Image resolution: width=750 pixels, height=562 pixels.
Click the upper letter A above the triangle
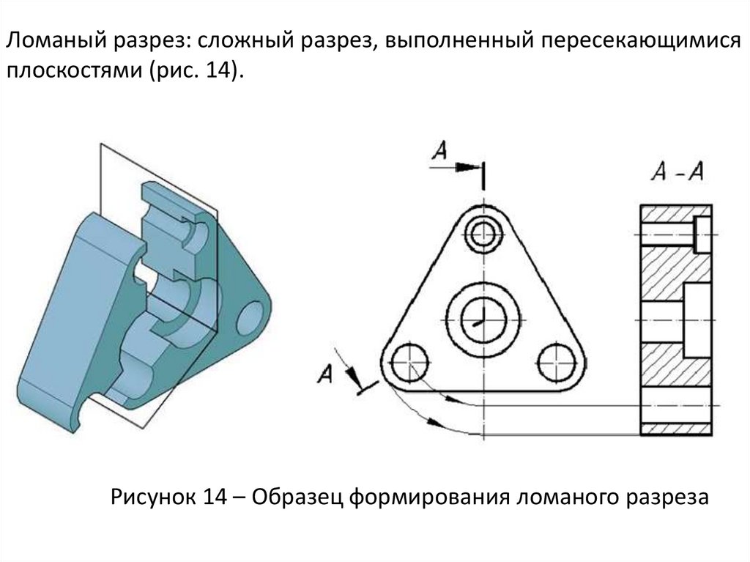click(x=439, y=150)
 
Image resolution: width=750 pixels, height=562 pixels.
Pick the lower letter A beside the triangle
click(x=326, y=374)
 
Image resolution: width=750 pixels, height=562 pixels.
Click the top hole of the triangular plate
click(x=483, y=234)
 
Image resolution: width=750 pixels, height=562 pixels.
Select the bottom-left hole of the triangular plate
click(x=410, y=361)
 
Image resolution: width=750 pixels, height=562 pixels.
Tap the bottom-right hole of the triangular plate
click(x=556, y=361)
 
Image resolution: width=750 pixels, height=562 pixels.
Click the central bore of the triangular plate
click(x=483, y=318)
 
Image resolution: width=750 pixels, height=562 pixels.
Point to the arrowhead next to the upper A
click(x=464, y=167)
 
